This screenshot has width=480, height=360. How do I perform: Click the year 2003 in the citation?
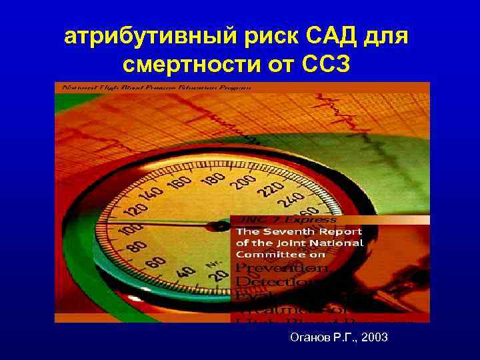click(x=373, y=339)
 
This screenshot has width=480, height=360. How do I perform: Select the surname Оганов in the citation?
click(x=311, y=339)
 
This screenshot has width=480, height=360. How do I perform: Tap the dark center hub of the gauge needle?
click(x=218, y=227)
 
